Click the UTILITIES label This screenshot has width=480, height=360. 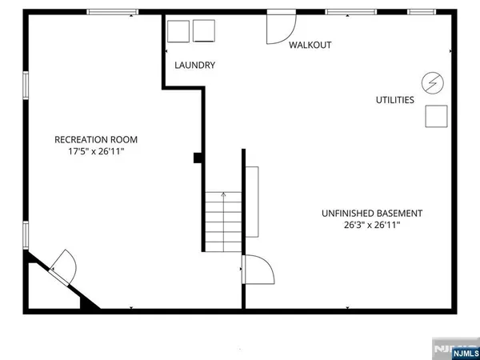pos(395,100)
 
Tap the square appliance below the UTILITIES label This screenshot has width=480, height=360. pos(436,116)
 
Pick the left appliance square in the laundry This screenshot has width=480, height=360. pos(178,30)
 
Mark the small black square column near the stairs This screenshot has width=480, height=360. pos(197,158)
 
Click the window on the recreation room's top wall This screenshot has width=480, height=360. pos(110,11)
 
